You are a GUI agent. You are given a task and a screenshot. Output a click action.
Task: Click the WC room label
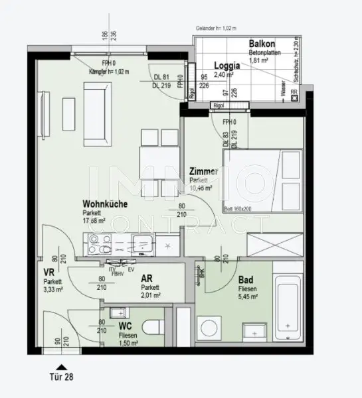point(126,326)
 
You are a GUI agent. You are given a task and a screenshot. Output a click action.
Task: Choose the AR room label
point(147,279)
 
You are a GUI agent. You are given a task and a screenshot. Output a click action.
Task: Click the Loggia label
point(228,66)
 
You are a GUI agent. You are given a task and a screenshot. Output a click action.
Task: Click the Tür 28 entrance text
point(62,378)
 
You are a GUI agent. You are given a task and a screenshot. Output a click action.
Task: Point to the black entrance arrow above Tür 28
point(61,365)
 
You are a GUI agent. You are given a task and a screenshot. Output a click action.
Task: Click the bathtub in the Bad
point(288,304)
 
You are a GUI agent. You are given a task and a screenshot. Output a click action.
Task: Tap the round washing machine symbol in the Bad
point(213,329)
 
